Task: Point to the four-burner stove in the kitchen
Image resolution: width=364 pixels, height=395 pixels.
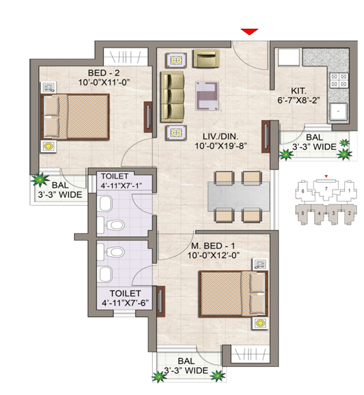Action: tap(338, 80)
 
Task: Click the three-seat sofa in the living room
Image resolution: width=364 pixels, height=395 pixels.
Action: tap(171, 97)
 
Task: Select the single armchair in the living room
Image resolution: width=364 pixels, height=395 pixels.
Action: tap(205, 59)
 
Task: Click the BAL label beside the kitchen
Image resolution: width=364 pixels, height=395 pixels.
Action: tap(313, 137)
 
